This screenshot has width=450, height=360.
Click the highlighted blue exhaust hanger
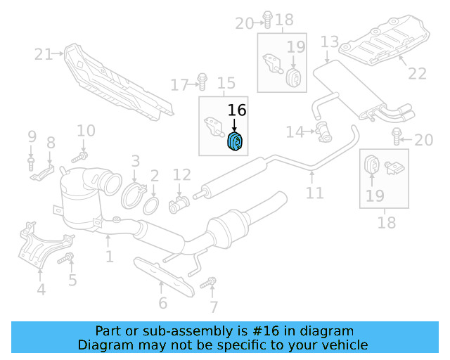click(235, 141)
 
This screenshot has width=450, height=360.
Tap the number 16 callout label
click(237, 110)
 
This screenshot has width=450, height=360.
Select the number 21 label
click(44, 53)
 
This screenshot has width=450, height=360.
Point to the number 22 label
click(417, 73)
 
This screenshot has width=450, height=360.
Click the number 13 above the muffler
click(330, 43)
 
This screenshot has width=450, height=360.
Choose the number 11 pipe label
click(315, 192)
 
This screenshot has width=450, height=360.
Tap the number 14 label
click(295, 131)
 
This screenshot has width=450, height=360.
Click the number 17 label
click(180, 86)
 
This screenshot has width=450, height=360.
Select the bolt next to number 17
click(202, 83)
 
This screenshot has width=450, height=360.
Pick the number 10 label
click(86, 130)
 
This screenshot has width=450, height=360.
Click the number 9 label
click(32, 136)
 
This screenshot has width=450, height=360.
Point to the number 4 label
click(41, 289)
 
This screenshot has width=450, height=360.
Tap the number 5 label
click(72, 281)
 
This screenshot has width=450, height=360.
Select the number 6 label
click(162, 303)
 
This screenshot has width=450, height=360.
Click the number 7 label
click(214, 307)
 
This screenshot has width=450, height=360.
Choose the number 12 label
click(182, 174)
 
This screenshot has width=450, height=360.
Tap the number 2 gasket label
click(154, 174)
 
